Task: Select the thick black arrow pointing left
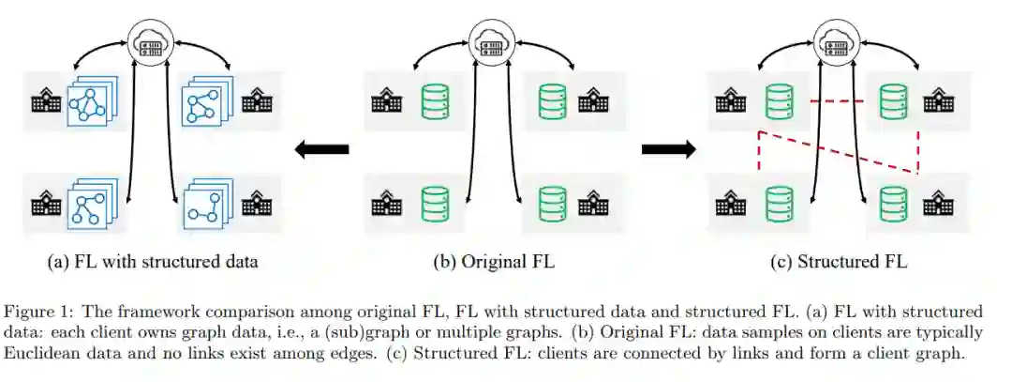[x=321, y=148]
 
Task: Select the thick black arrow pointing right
[x=667, y=148]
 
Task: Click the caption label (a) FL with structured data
[x=152, y=262]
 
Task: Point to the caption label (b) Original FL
[x=494, y=262]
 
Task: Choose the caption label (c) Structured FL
[x=839, y=262]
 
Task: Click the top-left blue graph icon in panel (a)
[x=89, y=101]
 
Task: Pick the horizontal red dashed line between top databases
[x=837, y=100]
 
